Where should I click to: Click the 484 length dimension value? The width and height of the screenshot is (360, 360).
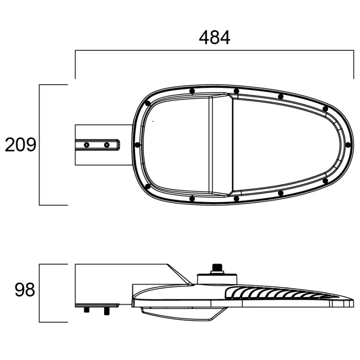pos(214,38)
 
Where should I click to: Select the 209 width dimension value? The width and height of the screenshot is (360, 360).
pos(20,145)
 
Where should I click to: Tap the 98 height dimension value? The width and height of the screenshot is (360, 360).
pos(25,291)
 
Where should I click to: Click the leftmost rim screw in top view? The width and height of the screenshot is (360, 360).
pos(137,145)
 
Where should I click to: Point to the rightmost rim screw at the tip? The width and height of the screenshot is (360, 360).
pos(348,145)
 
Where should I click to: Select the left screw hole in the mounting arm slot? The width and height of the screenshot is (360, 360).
pos(87,145)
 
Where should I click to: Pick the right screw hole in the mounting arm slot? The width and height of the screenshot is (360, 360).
pos(107,145)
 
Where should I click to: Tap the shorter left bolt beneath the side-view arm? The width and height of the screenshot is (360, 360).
pos(87,310)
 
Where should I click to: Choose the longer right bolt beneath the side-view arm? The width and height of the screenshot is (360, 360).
pos(106,311)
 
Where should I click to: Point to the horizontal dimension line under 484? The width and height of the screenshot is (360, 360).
pos(214,50)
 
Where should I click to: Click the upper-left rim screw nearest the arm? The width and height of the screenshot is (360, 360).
pos(147,103)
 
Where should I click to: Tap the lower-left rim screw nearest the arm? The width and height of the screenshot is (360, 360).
pos(147,186)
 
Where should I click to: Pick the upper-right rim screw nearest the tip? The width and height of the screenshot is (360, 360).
pos(325,109)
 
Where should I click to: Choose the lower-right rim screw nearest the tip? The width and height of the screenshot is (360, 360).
pos(325,181)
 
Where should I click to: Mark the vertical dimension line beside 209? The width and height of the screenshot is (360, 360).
pos(39,145)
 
